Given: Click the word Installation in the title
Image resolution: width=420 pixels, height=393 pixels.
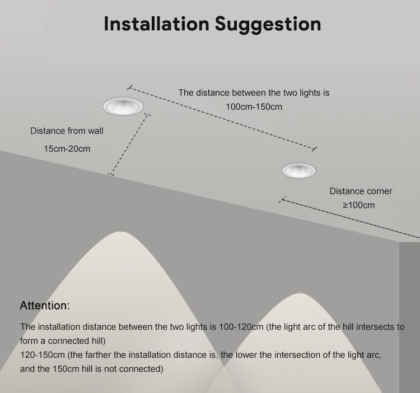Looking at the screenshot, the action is pos(156,24).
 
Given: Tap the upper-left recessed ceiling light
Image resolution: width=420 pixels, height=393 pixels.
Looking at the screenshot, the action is pos(123,106).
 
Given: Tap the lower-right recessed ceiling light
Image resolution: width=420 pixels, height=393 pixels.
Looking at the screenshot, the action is pos(298,170).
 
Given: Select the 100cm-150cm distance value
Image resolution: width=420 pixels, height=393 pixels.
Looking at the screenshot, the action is pos(254,107).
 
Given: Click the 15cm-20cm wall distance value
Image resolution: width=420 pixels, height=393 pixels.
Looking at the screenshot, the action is pos(67,149).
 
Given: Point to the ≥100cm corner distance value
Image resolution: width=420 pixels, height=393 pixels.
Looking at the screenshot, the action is pos(359,205).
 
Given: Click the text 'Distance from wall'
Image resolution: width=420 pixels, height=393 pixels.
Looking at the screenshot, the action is pos(67,131).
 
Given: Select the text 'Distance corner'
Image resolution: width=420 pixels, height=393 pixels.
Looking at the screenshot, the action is pos(361,191).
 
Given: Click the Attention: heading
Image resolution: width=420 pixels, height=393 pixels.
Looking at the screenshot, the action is pos(45,306).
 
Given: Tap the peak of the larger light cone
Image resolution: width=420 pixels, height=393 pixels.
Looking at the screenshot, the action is pos(121,232).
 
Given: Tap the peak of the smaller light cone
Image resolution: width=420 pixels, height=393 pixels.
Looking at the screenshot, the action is pos(300,293).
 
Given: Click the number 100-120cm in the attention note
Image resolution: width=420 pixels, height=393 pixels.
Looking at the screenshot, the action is pos(241,327).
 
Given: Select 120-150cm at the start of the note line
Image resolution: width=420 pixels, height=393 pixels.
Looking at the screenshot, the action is pos(43,355).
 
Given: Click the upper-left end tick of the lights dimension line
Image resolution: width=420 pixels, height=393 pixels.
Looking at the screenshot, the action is pos(130,87).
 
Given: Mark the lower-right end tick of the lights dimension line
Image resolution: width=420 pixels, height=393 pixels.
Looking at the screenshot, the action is pos(315,149).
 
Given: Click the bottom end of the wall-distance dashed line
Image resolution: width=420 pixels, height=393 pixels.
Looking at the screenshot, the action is pos(111,174).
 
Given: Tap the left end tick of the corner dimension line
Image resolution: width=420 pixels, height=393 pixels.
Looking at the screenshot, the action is pos(282,199).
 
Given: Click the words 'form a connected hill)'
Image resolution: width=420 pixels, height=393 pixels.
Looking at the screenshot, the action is pos(63,341).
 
